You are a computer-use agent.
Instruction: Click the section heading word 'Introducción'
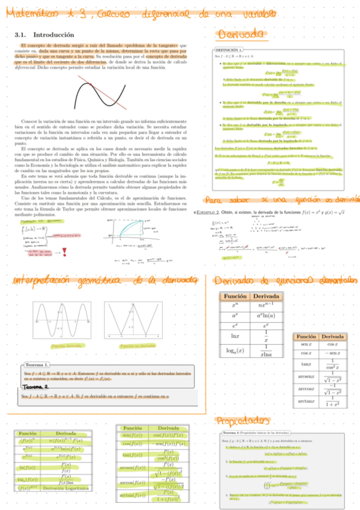(x=53, y=35)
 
